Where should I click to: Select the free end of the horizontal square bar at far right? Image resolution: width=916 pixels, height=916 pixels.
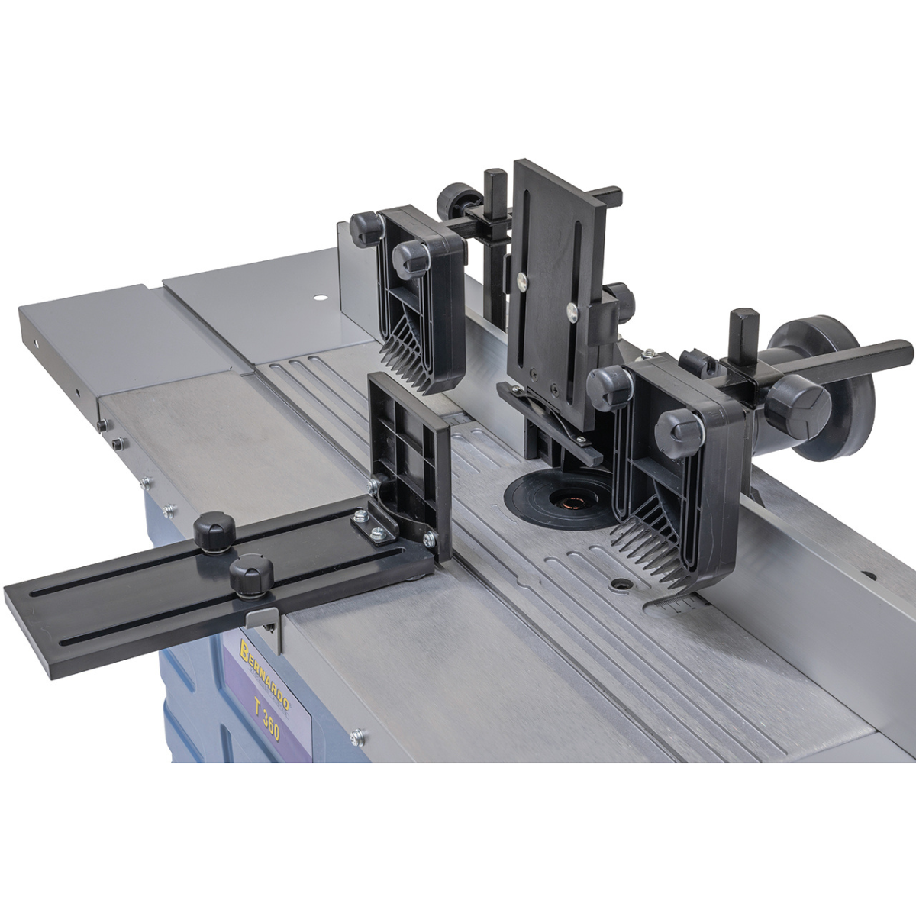point(906,351)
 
